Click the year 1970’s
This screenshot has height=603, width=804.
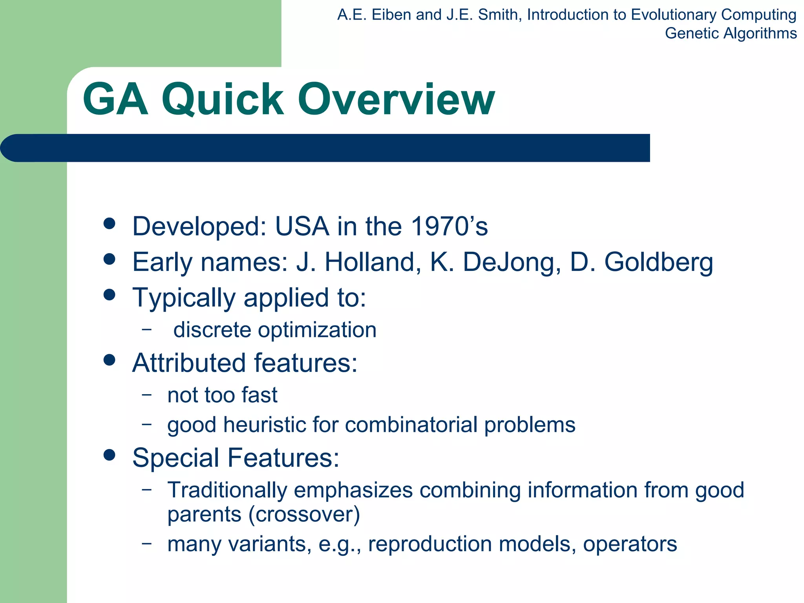(449, 227)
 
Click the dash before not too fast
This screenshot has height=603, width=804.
(146, 394)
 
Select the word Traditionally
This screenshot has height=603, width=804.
(227, 490)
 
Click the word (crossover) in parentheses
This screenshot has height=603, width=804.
(304, 514)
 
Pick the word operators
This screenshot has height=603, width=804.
(630, 544)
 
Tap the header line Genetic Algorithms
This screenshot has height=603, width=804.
(731, 33)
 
